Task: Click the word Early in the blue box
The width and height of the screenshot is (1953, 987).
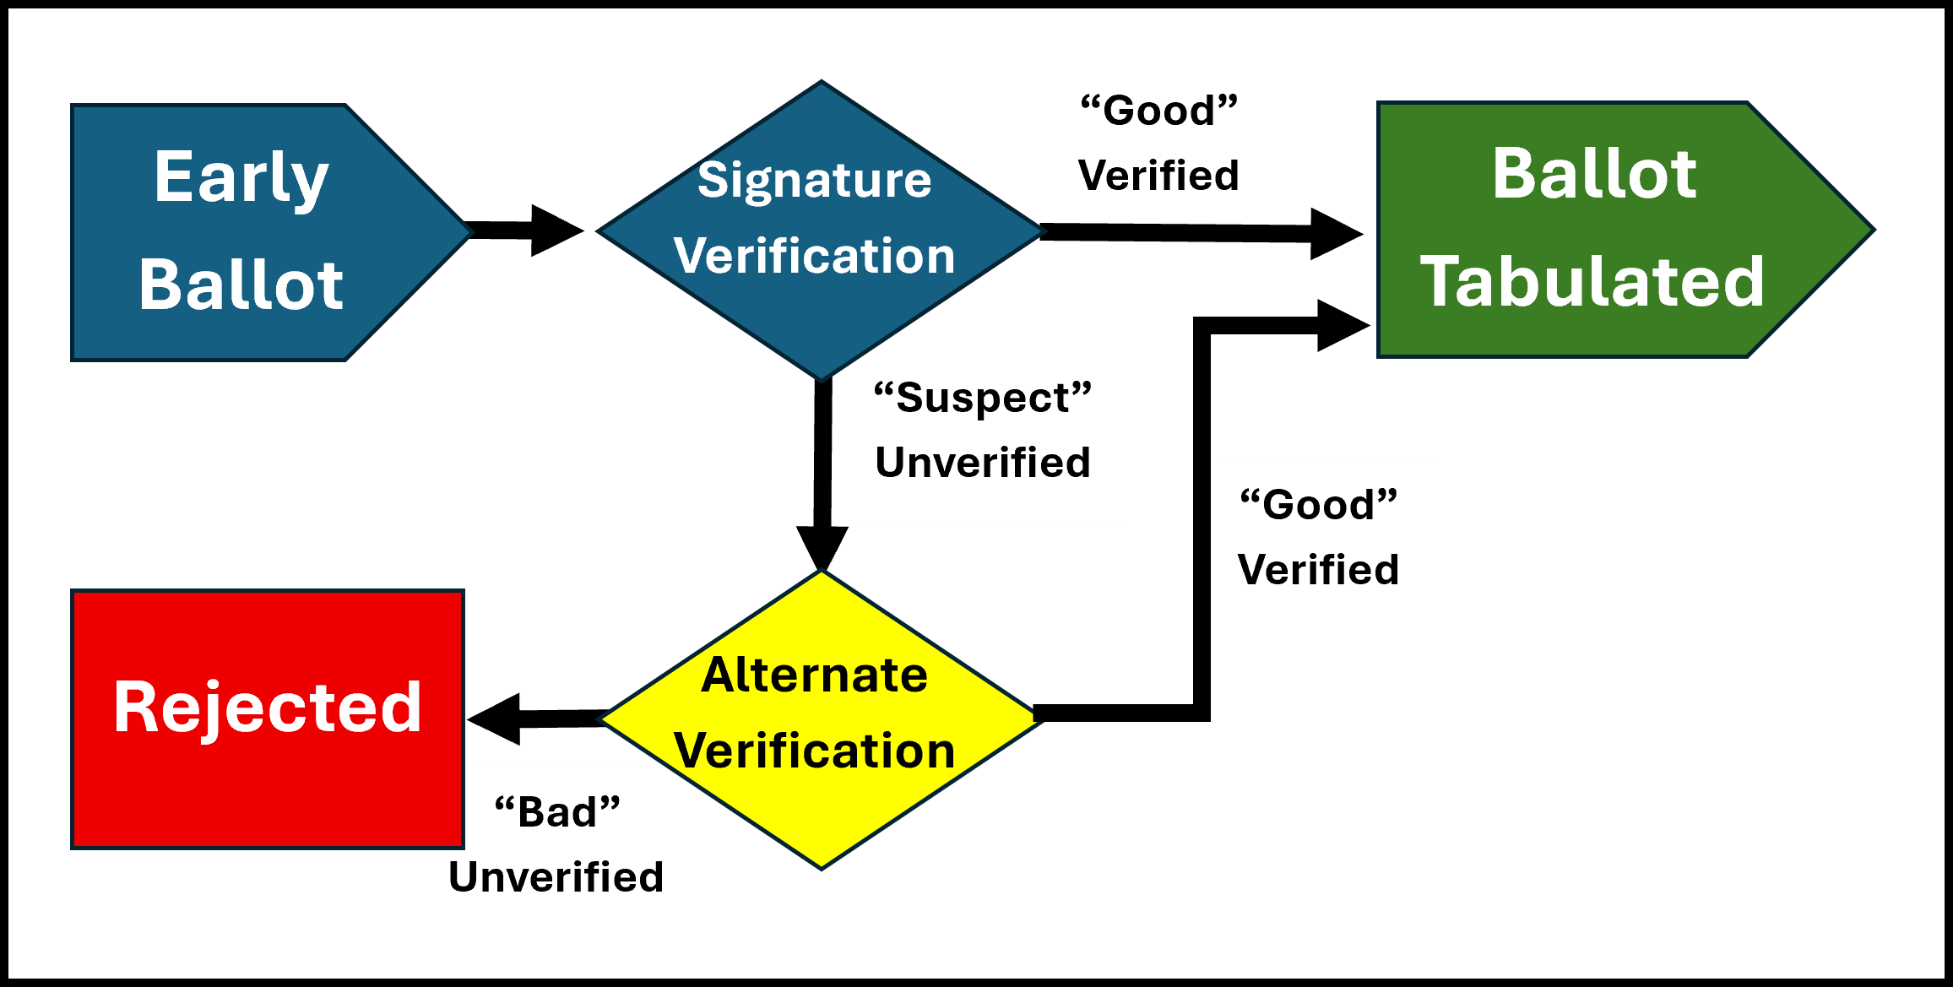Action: pos(241,178)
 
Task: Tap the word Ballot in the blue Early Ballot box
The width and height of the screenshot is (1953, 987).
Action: pos(241,285)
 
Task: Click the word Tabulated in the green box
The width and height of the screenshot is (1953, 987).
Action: pos(1592,282)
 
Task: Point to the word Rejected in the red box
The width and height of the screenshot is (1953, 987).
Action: pos(268,709)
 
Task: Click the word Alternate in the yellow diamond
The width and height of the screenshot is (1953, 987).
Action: pos(815,675)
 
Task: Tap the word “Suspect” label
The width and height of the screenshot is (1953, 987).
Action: pos(983,398)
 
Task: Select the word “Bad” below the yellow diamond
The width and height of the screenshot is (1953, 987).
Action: pos(557,812)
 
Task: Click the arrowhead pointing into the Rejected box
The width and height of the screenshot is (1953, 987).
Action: pos(494,719)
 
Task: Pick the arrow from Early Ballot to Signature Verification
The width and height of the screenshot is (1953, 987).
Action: pos(524,230)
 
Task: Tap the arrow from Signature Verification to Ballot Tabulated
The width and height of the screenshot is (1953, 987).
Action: pos(1202,232)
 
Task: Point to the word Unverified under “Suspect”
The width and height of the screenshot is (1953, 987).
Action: pos(983,463)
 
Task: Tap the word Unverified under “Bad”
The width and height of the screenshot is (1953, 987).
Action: pos(556,877)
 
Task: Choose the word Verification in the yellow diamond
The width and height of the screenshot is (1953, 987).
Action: pos(815,751)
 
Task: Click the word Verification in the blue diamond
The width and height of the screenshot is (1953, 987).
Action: pos(815,256)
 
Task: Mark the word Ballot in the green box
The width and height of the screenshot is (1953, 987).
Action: pos(1594,174)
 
